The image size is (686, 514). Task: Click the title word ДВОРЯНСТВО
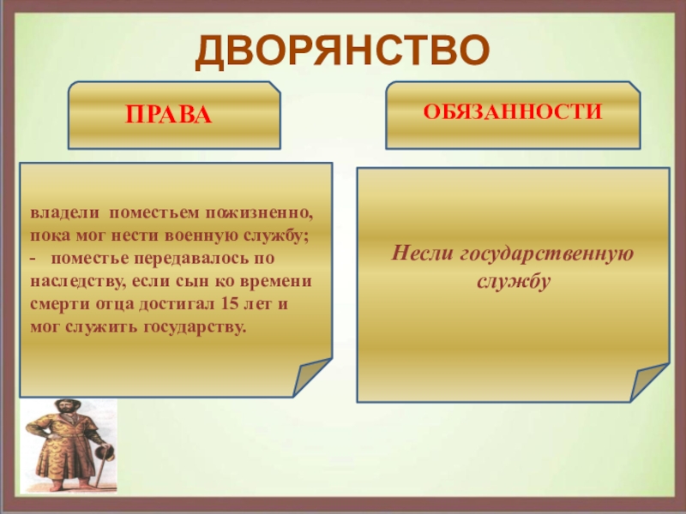[342, 51]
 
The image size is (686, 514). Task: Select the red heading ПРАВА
[168, 115]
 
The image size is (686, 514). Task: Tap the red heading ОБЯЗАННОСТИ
[512, 112]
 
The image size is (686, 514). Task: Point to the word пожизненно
[260, 213]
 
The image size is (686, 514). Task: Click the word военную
[202, 236]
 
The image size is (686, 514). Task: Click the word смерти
[59, 304]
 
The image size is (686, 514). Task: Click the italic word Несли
[422, 253]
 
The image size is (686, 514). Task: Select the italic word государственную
[547, 254]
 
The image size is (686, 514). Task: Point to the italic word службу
[513, 282]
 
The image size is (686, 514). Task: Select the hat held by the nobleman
[105, 453]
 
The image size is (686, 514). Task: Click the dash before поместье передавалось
[33, 260]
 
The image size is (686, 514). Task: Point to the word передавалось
[191, 259]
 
